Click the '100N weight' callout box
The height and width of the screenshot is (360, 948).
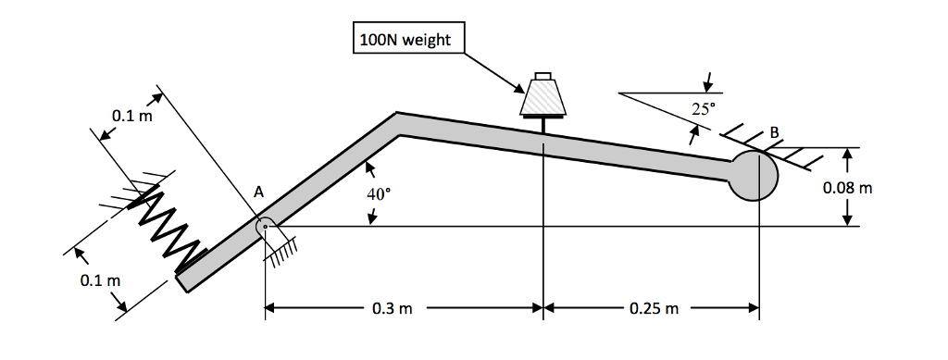point(408,40)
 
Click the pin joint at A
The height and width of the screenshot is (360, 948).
point(265,225)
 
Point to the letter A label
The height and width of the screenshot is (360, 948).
point(259,192)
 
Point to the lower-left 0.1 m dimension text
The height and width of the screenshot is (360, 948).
point(99,279)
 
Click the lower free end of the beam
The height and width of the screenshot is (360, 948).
point(183,279)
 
